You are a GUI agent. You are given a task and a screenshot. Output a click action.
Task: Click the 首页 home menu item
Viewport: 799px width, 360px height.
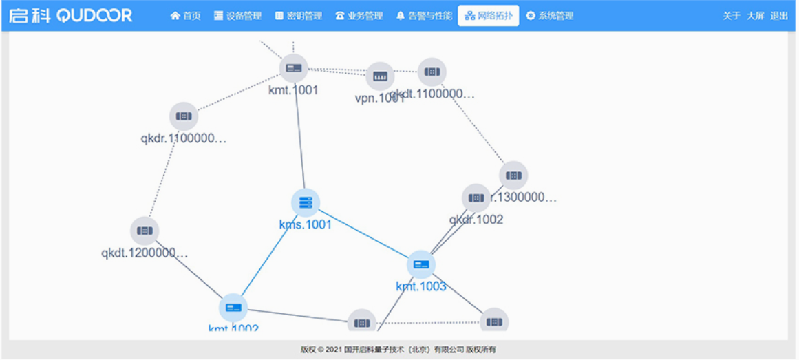pyautogui.click(x=186, y=16)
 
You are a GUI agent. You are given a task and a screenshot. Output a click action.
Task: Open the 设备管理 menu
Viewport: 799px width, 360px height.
pyautogui.click(x=237, y=16)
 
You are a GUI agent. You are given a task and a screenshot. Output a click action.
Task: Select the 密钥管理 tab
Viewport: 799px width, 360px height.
pyautogui.click(x=299, y=16)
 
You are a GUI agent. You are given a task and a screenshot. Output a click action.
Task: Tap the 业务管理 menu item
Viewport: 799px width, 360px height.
pyautogui.click(x=359, y=16)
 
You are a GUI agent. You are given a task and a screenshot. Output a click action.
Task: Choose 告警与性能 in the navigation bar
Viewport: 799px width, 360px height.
pyautogui.click(x=424, y=16)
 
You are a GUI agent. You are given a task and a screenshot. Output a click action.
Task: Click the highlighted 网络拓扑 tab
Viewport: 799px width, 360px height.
pyautogui.click(x=488, y=16)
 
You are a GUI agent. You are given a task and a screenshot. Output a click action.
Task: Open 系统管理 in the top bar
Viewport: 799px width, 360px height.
pyautogui.click(x=550, y=16)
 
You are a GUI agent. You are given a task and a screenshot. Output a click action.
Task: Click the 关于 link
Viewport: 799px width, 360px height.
pyautogui.click(x=731, y=16)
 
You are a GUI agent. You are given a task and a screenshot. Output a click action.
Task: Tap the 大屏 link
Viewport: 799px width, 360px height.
pyautogui.click(x=755, y=16)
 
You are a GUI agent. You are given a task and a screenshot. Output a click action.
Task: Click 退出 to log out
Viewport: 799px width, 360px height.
pyautogui.click(x=779, y=16)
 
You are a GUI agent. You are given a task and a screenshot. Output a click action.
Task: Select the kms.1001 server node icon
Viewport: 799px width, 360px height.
pyautogui.click(x=306, y=202)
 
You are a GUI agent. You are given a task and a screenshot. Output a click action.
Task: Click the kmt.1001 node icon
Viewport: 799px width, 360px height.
pyautogui.click(x=294, y=68)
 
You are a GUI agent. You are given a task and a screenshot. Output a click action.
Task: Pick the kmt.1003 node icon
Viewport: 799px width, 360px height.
pyautogui.click(x=421, y=264)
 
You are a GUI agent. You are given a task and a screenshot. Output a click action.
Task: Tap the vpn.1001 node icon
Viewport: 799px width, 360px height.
pyautogui.click(x=380, y=76)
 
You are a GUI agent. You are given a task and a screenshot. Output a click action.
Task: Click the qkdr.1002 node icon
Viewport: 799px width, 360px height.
pyautogui.click(x=476, y=198)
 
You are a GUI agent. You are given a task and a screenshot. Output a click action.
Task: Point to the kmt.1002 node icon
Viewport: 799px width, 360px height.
pyautogui.click(x=233, y=308)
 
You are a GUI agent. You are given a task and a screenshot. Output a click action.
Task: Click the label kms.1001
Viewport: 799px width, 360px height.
pyautogui.click(x=306, y=225)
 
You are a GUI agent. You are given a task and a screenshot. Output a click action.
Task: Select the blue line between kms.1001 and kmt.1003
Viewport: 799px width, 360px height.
pyautogui.click(x=363, y=233)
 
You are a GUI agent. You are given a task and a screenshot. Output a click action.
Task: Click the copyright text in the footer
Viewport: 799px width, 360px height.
pyautogui.click(x=398, y=350)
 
